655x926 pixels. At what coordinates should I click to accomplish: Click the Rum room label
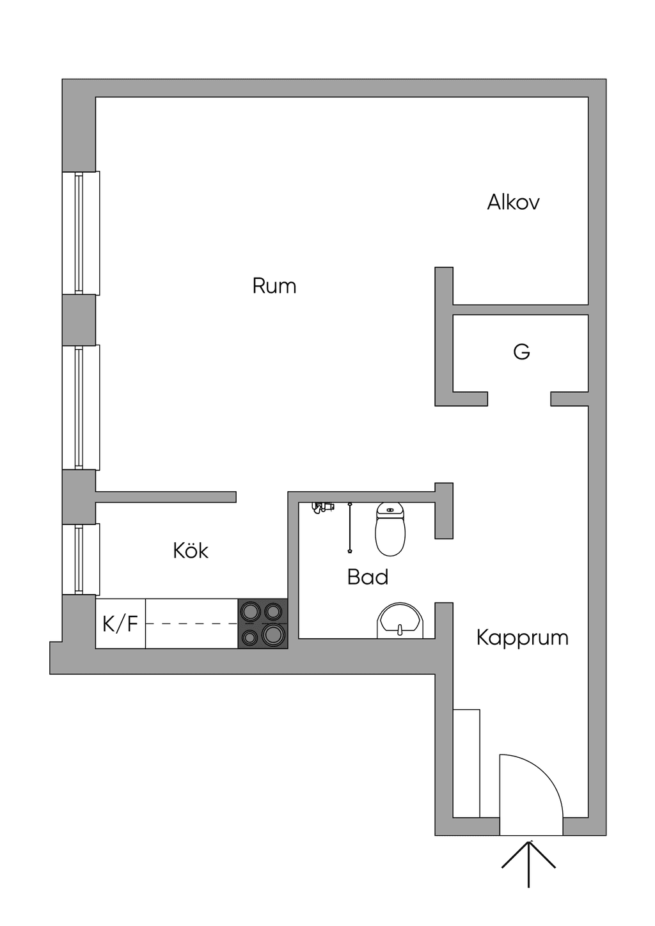tap(274, 286)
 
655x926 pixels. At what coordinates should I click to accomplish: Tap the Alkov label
tap(513, 203)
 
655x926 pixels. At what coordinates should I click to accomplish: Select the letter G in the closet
tap(521, 352)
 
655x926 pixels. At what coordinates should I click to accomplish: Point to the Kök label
tap(191, 551)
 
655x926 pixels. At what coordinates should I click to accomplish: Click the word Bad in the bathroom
tap(368, 577)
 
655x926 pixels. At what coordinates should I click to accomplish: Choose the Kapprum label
tap(522, 639)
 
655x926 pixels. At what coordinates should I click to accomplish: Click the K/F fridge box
tap(120, 624)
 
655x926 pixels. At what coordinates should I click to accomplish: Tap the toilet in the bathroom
tap(390, 529)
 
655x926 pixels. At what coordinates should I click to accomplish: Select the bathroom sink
tap(400, 620)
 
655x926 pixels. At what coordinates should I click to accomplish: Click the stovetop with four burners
tap(263, 624)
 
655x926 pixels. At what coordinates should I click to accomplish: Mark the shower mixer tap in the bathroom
tap(322, 507)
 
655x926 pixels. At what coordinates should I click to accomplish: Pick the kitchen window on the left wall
tap(81, 560)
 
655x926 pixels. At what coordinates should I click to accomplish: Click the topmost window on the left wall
tap(81, 233)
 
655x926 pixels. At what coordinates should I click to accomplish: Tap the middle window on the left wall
tap(81, 407)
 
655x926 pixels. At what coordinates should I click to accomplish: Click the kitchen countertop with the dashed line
tap(191, 624)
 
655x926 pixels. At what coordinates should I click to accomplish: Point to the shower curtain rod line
tap(350, 528)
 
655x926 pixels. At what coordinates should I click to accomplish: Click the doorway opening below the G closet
tap(519, 399)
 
